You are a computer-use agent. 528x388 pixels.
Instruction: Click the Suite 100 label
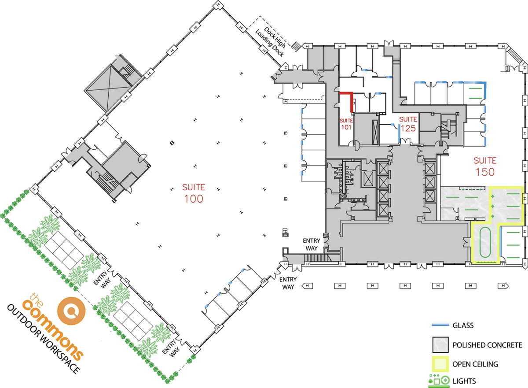point(194,193)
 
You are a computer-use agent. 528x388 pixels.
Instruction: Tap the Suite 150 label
point(485,167)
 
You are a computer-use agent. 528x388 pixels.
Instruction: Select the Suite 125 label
point(408,124)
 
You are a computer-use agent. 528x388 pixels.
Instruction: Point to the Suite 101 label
point(346,124)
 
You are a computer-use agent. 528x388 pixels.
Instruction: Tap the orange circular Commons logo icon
point(71,311)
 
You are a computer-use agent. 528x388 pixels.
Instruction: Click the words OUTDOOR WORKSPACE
point(43,339)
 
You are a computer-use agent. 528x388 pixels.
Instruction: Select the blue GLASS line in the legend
point(440,325)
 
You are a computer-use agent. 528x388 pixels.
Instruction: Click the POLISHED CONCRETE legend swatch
point(440,345)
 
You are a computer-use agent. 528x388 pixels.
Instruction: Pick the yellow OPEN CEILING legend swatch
point(440,364)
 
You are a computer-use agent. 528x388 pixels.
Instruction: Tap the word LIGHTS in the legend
point(464,381)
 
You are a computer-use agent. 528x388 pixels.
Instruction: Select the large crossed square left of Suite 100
point(108,88)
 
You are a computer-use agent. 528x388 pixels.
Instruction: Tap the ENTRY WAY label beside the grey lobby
point(312,244)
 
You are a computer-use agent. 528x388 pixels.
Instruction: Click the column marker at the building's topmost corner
point(218,5)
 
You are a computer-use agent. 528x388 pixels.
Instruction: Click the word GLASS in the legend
point(463,325)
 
